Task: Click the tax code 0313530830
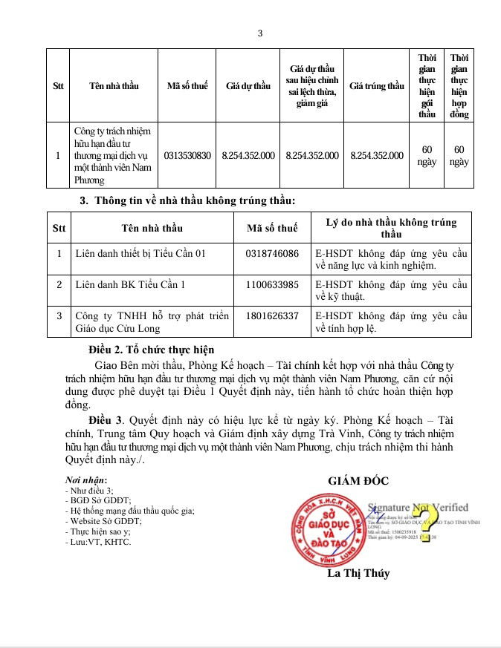(x=187, y=155)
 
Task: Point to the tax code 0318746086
(x=272, y=253)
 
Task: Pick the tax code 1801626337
(x=272, y=315)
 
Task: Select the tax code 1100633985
(x=272, y=284)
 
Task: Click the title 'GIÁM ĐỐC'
(x=358, y=481)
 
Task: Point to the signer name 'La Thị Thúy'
(x=358, y=573)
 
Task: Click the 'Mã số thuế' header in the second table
(x=272, y=228)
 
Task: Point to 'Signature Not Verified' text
(x=418, y=507)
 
